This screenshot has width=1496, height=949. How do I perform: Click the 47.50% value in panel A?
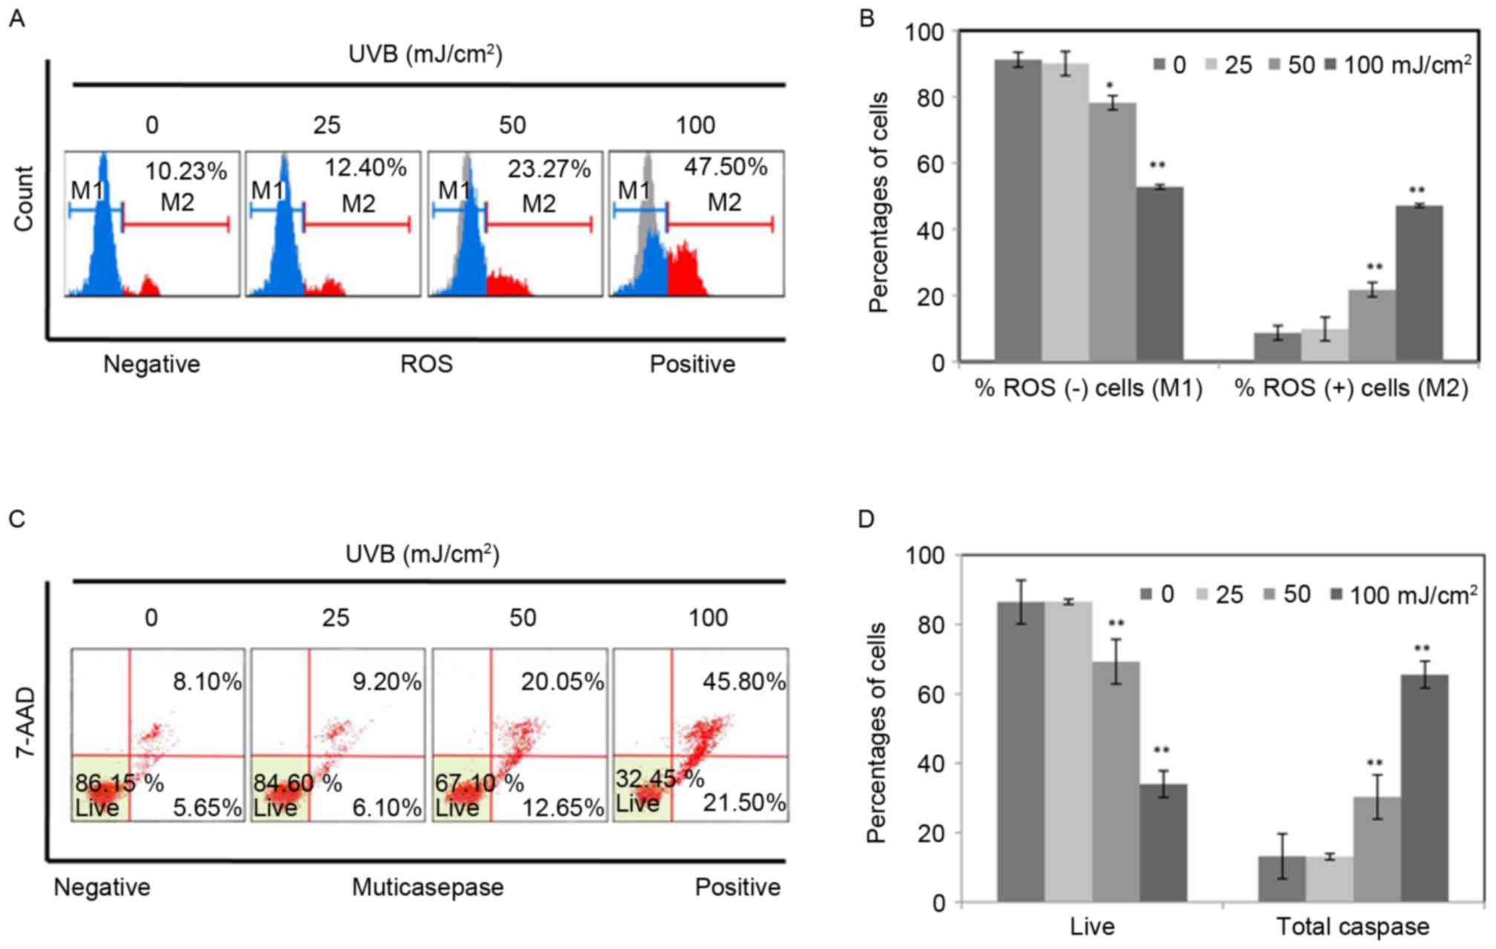[725, 167]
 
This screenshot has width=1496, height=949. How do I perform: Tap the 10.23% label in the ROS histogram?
[186, 171]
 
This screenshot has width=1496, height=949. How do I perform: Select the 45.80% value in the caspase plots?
[744, 682]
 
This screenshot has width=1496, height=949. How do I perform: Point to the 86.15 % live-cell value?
[119, 783]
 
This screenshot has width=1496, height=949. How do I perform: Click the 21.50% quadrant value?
[744, 802]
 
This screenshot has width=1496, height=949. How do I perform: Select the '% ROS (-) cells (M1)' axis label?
[1088, 388]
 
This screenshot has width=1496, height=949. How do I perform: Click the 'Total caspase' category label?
[1352, 926]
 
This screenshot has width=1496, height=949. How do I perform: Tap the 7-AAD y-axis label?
[25, 722]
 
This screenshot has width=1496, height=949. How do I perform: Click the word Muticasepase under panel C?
[428, 887]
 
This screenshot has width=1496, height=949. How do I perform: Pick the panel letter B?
[866, 19]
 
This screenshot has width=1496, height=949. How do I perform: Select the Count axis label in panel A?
[24, 199]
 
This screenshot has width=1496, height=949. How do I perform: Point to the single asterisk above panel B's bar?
[1110, 85]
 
